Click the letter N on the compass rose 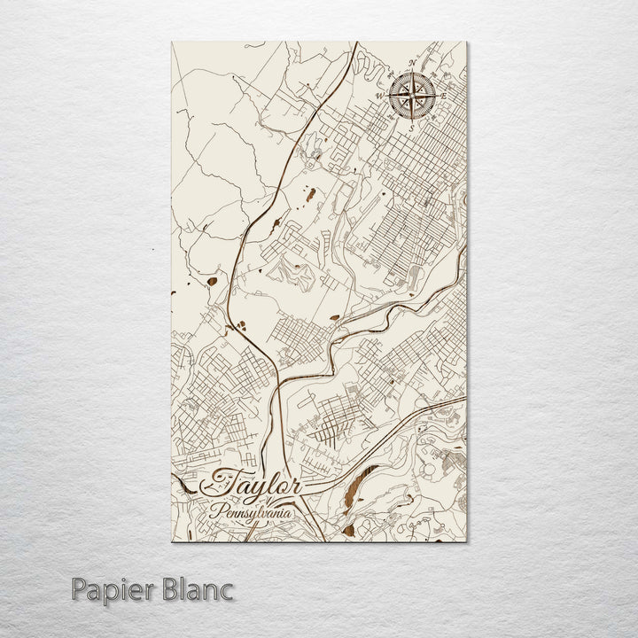(x=411, y=64)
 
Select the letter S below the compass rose (x=411, y=127)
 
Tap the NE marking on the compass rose (x=431, y=74)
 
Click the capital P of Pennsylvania (x=214, y=510)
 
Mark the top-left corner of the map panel (x=168, y=41)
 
